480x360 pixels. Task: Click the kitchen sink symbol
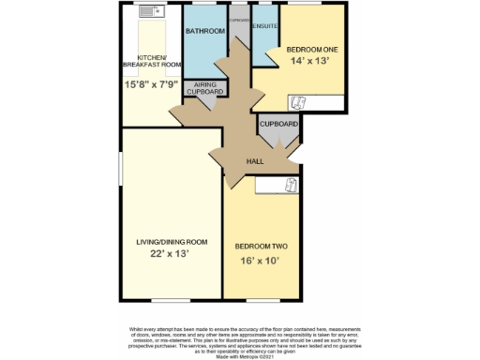(150, 13)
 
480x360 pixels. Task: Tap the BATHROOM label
(204, 32)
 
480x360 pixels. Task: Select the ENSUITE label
(264, 26)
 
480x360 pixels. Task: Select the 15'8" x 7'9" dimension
(151, 83)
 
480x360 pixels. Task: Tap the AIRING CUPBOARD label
(203, 89)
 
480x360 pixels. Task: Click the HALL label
(254, 162)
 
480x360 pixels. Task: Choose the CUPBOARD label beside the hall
(278, 125)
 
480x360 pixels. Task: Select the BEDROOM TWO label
(261, 245)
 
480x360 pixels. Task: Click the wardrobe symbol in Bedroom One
(299, 103)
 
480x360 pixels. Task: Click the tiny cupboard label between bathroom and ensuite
(240, 19)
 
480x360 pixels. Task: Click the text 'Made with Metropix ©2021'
(240, 355)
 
